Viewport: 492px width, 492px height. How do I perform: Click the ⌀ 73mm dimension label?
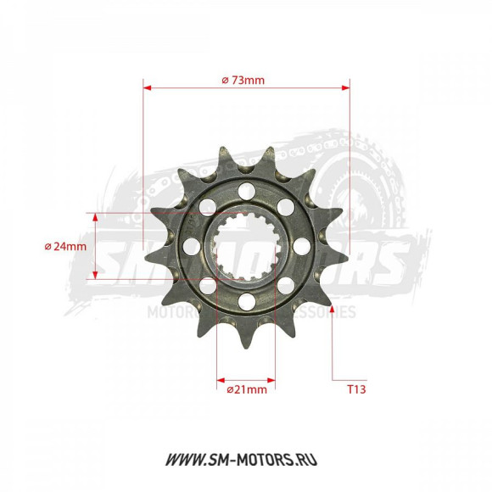point(243,80)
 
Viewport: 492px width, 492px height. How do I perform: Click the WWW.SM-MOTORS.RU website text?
point(246,461)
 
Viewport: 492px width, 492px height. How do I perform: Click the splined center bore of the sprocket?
point(246,246)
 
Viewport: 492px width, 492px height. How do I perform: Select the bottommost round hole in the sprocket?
point(246,301)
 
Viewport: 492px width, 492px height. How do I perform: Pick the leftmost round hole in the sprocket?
point(191,246)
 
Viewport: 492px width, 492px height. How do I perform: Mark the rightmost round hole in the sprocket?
point(301,247)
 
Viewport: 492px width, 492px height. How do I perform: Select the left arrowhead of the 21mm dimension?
point(221,378)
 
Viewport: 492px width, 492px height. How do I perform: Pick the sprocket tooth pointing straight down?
point(245,343)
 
